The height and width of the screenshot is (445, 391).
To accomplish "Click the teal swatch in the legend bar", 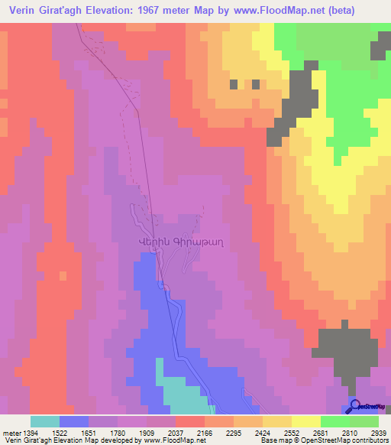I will click(44, 421).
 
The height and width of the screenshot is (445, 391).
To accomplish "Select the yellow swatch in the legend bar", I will click(305, 421).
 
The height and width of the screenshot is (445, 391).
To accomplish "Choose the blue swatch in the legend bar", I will click(73, 421).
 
